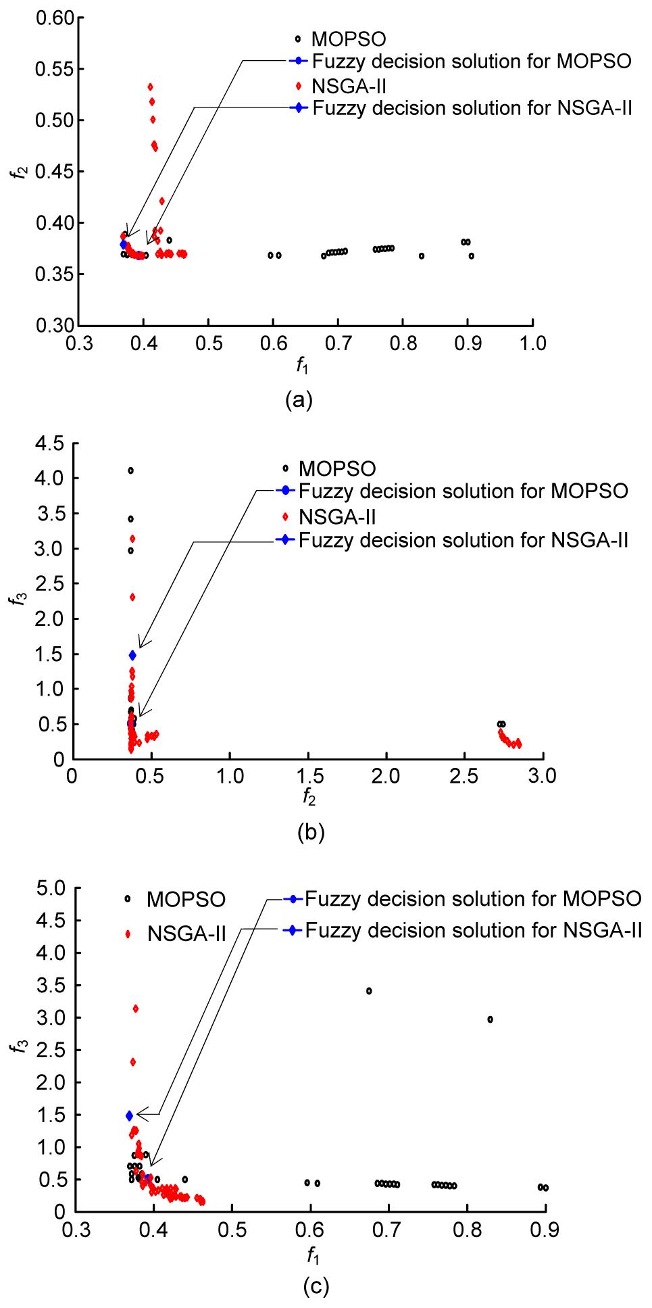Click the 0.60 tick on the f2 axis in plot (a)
pos(53,18)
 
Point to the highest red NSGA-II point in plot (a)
pos(150,87)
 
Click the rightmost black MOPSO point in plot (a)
pos(471,256)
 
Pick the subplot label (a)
pos(299,400)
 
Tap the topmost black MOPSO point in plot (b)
pos(130,470)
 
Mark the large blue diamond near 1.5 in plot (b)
pos(132,654)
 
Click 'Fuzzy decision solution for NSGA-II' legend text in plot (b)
pos(463,540)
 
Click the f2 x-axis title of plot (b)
pos(309,798)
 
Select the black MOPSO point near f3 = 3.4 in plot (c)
pos(369,991)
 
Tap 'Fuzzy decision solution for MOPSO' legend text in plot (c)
pos(472,899)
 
